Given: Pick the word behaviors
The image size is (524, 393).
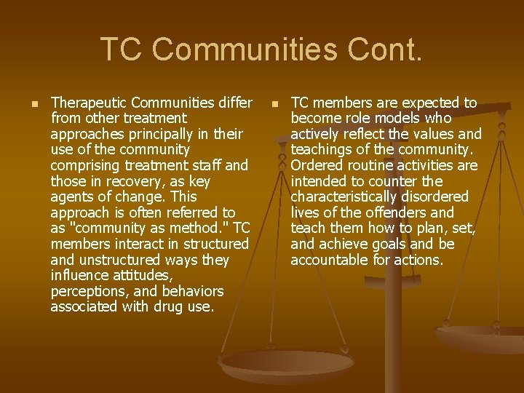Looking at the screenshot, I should [x=193, y=291].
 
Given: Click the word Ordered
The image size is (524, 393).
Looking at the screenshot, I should [x=316, y=165].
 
